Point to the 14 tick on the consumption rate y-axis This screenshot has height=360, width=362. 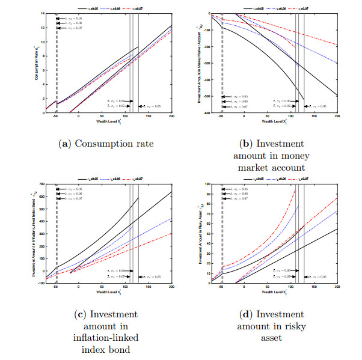pyautogui.click(x=42, y=13)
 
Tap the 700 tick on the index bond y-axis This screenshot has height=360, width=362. pyautogui.click(x=41, y=184)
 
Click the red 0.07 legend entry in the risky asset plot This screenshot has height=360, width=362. pyautogui.click(x=301, y=179)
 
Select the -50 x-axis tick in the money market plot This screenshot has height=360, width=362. pyautogui.click(x=222, y=116)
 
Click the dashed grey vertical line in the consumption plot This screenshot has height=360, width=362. pyautogui.click(x=57, y=60)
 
